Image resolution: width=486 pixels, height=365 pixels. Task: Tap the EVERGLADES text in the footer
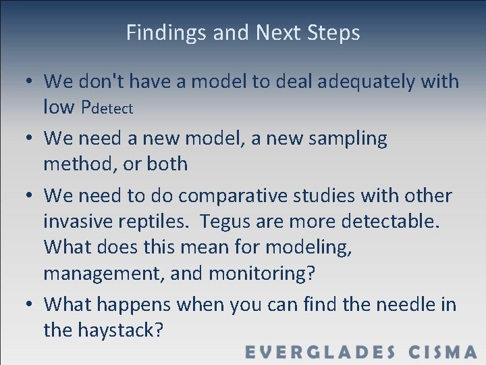tap(320, 351)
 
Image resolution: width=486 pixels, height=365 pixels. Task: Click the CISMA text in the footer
tap(443, 351)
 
